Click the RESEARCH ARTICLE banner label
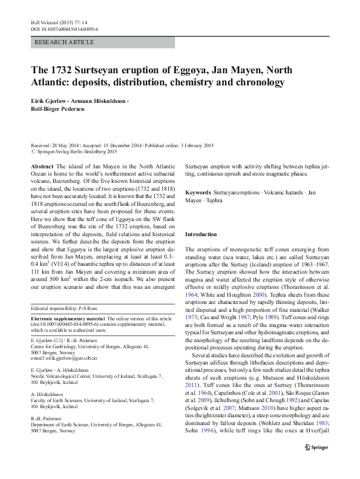[x=65, y=42]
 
